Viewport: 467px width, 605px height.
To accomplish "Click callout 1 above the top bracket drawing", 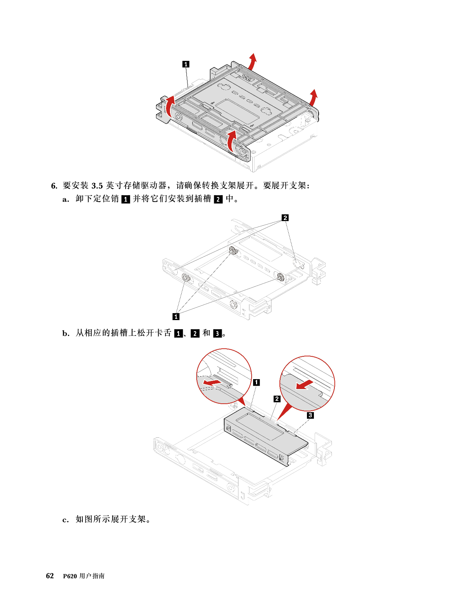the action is coord(186,64).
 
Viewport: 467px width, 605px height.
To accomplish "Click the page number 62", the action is coord(50,576).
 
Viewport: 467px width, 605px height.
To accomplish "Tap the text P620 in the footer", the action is coord(70,576).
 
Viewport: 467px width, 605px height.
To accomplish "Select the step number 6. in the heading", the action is coord(54,186).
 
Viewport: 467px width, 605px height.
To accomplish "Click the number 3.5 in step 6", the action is coord(97,186).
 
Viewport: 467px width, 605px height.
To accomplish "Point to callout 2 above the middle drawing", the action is coord(285,218).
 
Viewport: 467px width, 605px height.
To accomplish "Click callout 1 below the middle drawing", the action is coord(176,316).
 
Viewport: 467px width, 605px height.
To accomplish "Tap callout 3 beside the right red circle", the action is coord(310,415).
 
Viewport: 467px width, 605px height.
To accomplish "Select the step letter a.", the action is coord(66,199).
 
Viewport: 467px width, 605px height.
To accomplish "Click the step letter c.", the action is coord(66,520).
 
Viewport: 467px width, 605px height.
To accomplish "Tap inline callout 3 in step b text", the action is coord(217,333).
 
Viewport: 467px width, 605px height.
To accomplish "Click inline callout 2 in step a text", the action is coord(218,199).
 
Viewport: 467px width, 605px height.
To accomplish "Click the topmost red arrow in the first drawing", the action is coord(252,61).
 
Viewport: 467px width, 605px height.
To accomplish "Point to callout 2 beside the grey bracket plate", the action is coord(277,399).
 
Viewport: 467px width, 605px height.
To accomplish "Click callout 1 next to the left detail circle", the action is coord(256,382).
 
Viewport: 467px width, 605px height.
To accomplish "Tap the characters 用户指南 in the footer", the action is coord(92,576).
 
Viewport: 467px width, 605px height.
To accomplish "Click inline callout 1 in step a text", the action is coord(126,199).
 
